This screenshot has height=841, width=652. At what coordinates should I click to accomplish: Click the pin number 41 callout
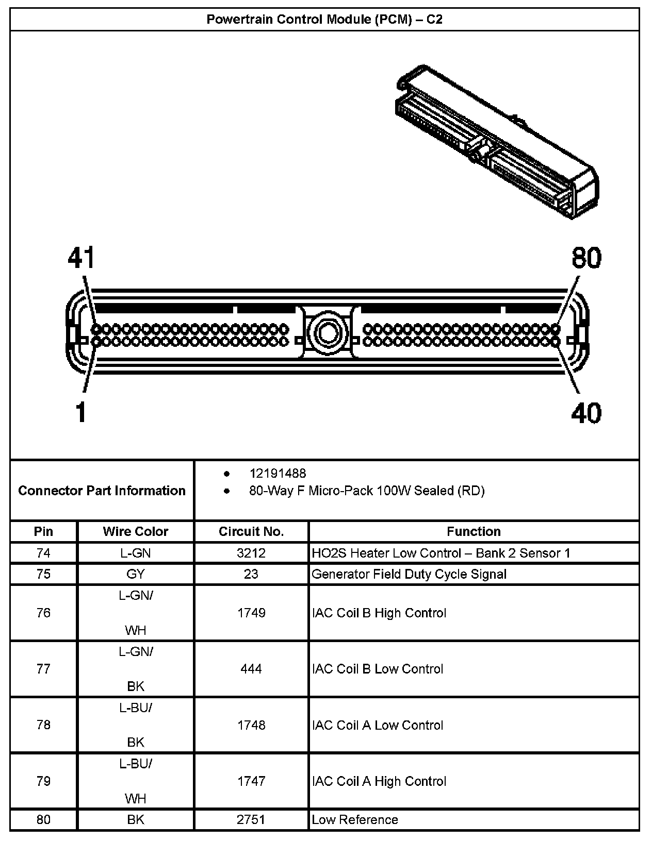pyautogui.click(x=81, y=258)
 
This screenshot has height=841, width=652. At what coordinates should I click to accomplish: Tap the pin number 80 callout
pyautogui.click(x=586, y=258)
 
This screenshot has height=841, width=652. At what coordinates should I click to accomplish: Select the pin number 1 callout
pyautogui.click(x=80, y=412)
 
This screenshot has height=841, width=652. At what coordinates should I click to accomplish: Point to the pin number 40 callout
pyautogui.click(x=586, y=413)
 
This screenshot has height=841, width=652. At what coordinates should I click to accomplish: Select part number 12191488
pyautogui.click(x=278, y=473)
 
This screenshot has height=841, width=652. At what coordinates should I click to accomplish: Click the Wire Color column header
pyautogui.click(x=136, y=531)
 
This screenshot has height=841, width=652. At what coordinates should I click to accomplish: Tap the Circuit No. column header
pyautogui.click(x=251, y=531)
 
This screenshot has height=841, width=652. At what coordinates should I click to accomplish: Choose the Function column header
pyautogui.click(x=474, y=531)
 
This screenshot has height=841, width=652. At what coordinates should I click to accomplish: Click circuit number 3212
pyautogui.click(x=251, y=553)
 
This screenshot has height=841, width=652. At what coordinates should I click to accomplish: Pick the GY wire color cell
pyautogui.click(x=136, y=574)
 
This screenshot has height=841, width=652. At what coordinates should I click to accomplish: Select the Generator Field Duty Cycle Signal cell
pyautogui.click(x=409, y=574)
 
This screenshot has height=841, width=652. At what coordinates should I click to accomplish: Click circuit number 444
pyautogui.click(x=251, y=669)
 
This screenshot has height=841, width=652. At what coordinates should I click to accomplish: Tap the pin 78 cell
pyautogui.click(x=44, y=725)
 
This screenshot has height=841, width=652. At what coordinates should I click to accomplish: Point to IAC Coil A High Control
pyautogui.click(x=379, y=781)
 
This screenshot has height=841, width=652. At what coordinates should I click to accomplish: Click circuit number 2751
pyautogui.click(x=251, y=819)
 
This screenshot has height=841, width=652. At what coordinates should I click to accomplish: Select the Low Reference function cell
pyautogui.click(x=355, y=819)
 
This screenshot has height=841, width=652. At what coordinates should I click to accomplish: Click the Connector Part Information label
pyautogui.click(x=102, y=490)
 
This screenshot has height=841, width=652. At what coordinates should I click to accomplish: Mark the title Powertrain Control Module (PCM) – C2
pyautogui.click(x=324, y=20)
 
